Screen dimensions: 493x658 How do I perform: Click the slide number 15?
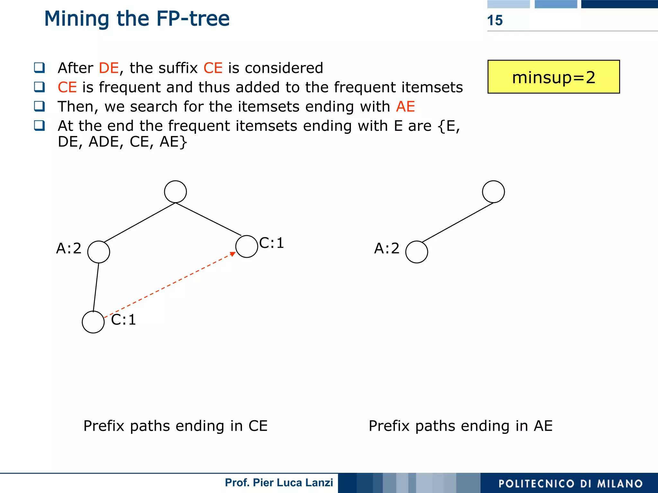pyautogui.click(x=495, y=21)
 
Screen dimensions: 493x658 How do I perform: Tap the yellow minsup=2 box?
pyautogui.click(x=553, y=77)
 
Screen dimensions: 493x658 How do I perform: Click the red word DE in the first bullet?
pyautogui.click(x=109, y=68)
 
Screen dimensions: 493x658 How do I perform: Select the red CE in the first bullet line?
pyautogui.click(x=213, y=68)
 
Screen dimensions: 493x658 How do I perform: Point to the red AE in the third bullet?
pyautogui.click(x=405, y=107)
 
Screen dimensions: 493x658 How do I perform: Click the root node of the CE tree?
pyautogui.click(x=175, y=192)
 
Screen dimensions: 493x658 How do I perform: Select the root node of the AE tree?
pyautogui.click(x=493, y=192)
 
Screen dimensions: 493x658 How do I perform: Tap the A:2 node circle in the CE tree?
pyautogui.click(x=99, y=252)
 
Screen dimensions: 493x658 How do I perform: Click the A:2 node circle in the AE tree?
pyautogui.click(x=416, y=252)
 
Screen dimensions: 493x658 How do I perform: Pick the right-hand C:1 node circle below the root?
pyautogui.click(x=246, y=246)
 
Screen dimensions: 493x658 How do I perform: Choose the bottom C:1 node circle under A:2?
pyautogui.click(x=93, y=322)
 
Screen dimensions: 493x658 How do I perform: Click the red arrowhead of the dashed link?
pyautogui.click(x=233, y=254)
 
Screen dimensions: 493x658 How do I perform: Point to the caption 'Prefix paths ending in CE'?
pyautogui.click(x=175, y=426)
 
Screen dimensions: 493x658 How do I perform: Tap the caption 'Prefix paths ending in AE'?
pyautogui.click(x=460, y=426)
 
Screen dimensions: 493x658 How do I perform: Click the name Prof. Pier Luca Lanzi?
pyautogui.click(x=279, y=482)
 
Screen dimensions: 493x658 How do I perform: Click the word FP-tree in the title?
pyautogui.click(x=193, y=19)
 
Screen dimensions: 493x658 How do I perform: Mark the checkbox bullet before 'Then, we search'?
pyautogui.click(x=40, y=106)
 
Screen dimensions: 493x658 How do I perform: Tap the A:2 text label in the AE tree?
pyautogui.click(x=387, y=248)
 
